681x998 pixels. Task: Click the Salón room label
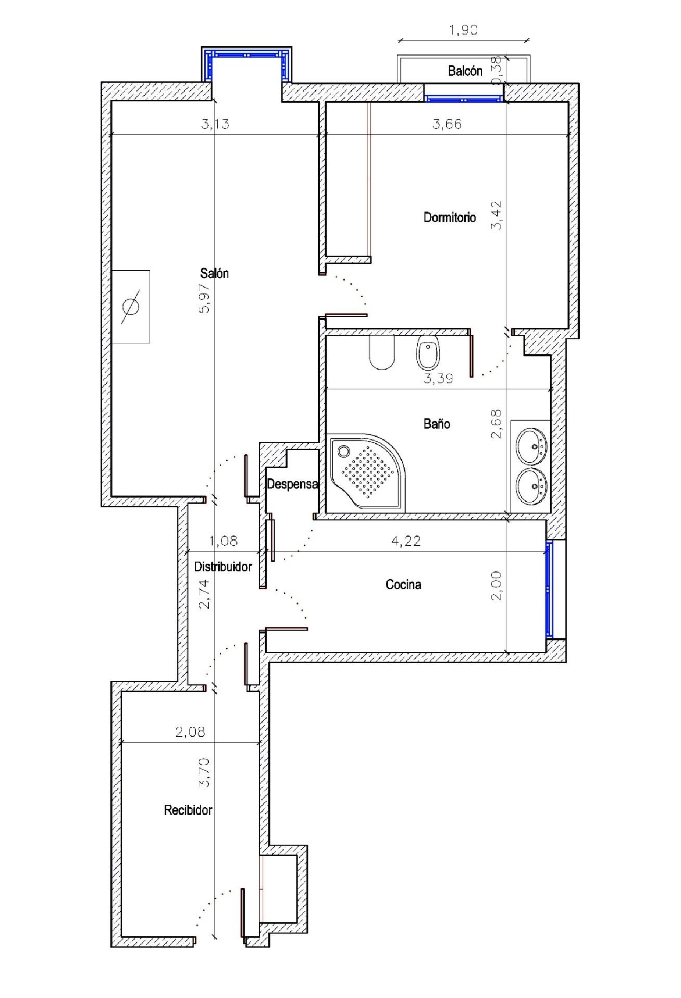click(x=214, y=273)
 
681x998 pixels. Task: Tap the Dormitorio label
click(x=449, y=217)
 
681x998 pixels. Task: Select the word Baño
click(x=437, y=424)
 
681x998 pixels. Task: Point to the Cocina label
click(x=403, y=584)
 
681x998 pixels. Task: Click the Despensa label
click(x=292, y=484)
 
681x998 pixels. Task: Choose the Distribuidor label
click(x=223, y=567)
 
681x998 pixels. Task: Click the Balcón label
click(x=465, y=71)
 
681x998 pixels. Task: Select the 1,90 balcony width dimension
click(x=463, y=30)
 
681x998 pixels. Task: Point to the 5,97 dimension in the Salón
click(x=205, y=298)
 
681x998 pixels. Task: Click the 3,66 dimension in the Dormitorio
click(x=447, y=124)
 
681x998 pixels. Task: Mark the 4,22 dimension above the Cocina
click(x=406, y=541)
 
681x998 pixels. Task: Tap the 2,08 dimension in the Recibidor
click(x=190, y=732)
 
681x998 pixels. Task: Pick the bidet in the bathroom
click(x=428, y=352)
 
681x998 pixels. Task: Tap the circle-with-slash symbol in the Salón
click(x=131, y=307)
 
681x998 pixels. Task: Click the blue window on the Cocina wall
click(x=549, y=589)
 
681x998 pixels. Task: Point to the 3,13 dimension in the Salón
click(x=215, y=124)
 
